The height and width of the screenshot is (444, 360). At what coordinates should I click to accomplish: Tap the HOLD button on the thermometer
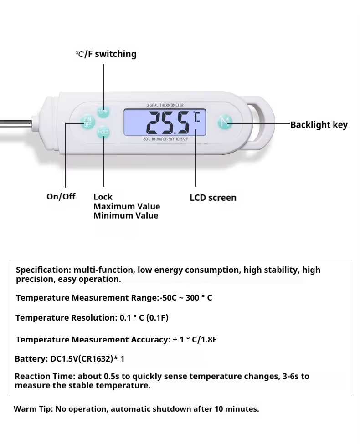pyautogui.click(x=103, y=132)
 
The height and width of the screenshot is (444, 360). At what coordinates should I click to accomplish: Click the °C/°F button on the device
pyautogui.click(x=103, y=111)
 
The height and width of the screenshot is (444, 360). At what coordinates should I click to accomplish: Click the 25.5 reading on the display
pyautogui.click(x=168, y=122)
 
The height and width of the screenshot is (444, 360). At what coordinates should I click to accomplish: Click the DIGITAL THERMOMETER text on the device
pyautogui.click(x=165, y=105)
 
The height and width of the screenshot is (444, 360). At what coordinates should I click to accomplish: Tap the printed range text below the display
pyautogui.click(x=165, y=139)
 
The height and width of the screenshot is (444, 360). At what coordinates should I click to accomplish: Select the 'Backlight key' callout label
pyautogui.click(x=319, y=125)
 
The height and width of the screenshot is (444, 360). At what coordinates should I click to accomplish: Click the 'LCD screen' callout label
pyautogui.click(x=213, y=198)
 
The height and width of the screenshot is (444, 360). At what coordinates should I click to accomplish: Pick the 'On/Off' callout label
pyautogui.click(x=61, y=196)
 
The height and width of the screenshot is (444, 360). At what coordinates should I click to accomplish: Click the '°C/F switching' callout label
pyautogui.click(x=106, y=54)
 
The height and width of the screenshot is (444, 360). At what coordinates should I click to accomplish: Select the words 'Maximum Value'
pyautogui.click(x=127, y=206)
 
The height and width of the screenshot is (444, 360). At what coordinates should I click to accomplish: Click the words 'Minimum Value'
pyautogui.click(x=126, y=215)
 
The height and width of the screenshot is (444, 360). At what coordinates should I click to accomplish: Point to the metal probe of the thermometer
pyautogui.click(x=16, y=123)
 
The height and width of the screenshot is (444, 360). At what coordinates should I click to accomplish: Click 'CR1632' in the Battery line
pyautogui.click(x=96, y=359)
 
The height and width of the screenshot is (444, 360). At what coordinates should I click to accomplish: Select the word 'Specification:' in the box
pyautogui.click(x=43, y=270)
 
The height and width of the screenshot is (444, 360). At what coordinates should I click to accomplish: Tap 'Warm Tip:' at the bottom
pyautogui.click(x=33, y=409)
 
